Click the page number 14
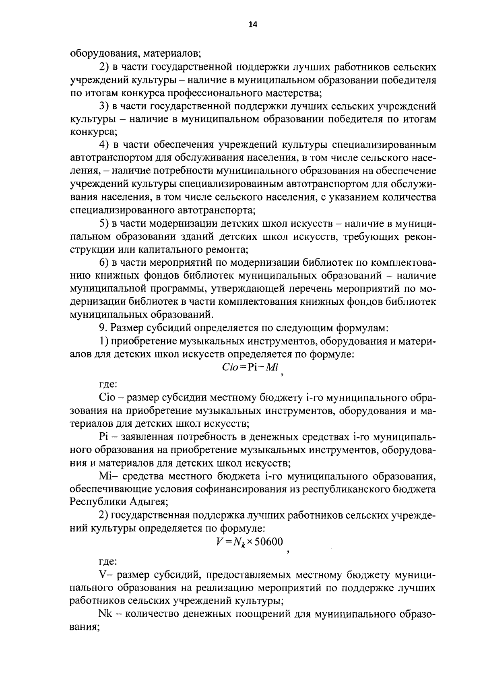coord(252,25)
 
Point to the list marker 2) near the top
coord(104,66)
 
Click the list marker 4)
coord(104,145)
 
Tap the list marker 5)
coord(104,223)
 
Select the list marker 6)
coord(104,262)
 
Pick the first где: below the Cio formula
coord(108,384)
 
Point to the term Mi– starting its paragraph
coord(107,477)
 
